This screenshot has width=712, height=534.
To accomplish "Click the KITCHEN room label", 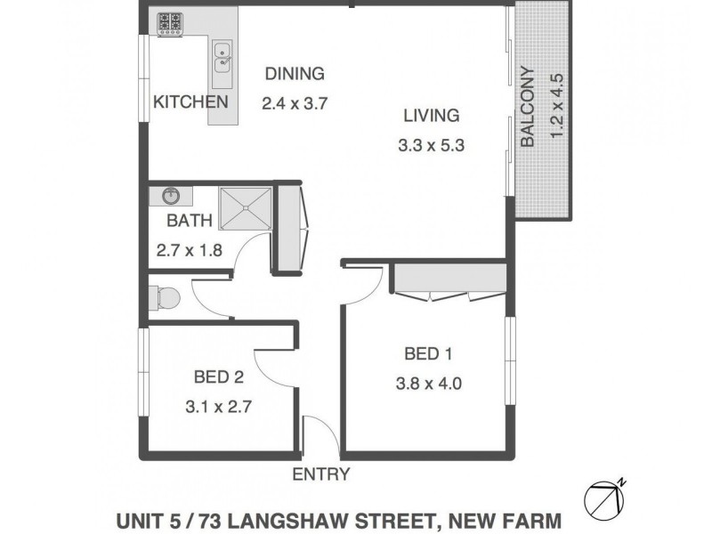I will coord(190,101).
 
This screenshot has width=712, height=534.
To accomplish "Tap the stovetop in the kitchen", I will coord(170,23).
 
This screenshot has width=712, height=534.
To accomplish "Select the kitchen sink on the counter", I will coord(222,60).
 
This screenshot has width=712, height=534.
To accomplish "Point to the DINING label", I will coord(295,75).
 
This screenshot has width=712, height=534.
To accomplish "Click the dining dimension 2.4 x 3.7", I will coord(295,102).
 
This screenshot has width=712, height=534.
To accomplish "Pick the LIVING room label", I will coord(431,115).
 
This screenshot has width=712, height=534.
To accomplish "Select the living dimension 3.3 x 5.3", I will coord(432,142).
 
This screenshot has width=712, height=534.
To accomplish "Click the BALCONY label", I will coord(527,107).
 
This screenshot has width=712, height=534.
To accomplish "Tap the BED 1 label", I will coord(428,354).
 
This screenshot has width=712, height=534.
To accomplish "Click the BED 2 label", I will coord(218,377).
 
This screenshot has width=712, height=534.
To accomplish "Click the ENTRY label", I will coord(321,474).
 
